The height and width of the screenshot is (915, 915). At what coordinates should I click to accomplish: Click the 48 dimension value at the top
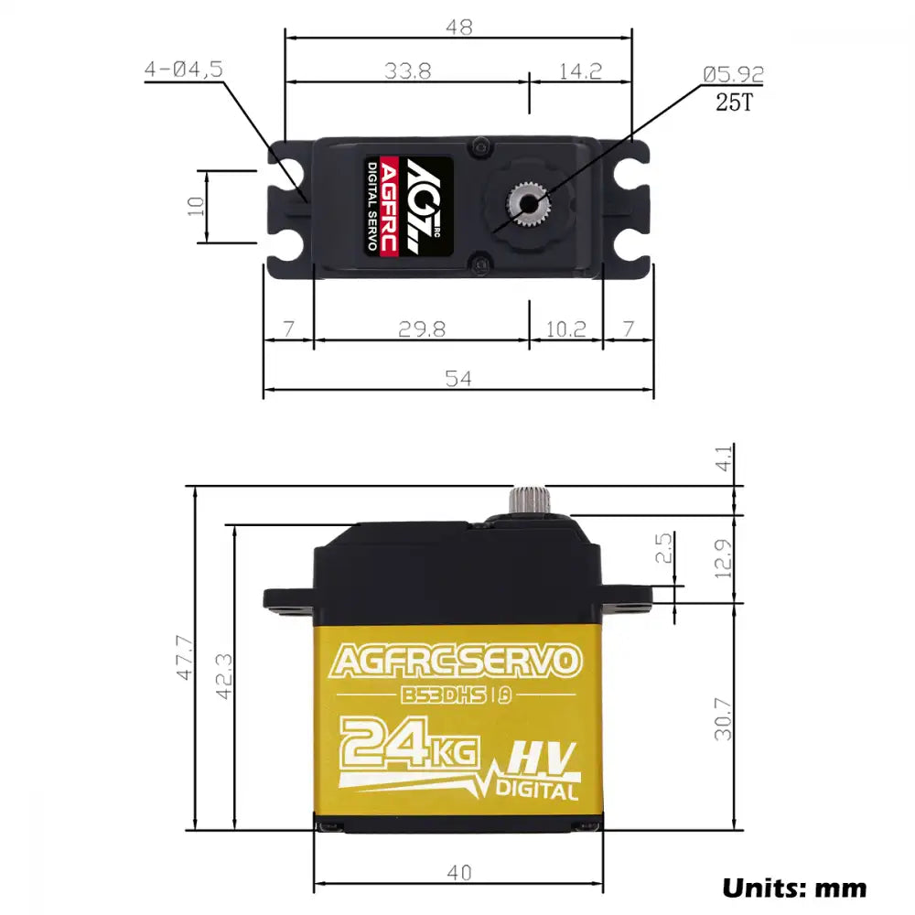(458, 27)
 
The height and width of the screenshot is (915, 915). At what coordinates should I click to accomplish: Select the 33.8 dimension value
(407, 71)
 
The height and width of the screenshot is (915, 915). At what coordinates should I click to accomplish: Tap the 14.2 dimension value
(580, 71)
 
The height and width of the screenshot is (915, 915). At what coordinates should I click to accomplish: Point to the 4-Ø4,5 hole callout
(183, 70)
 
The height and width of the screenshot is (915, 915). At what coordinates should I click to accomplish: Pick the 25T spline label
(733, 102)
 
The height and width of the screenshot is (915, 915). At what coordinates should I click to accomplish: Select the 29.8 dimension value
(422, 328)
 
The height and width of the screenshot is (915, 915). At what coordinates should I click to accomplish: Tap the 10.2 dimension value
(565, 328)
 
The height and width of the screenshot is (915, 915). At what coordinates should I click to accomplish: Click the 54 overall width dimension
(458, 379)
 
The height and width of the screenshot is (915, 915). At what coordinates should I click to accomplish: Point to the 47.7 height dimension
(185, 658)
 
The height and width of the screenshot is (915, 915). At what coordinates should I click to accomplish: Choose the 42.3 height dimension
(222, 676)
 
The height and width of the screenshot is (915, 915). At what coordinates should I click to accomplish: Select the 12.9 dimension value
(723, 558)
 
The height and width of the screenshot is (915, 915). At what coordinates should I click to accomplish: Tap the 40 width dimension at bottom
(458, 873)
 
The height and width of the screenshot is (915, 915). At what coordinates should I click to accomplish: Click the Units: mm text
(794, 887)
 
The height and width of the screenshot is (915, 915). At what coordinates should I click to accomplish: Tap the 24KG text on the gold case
(409, 743)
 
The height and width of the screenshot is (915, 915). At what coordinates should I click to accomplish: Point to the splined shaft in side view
(527, 501)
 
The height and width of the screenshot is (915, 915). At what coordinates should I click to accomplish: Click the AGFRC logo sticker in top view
(409, 206)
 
